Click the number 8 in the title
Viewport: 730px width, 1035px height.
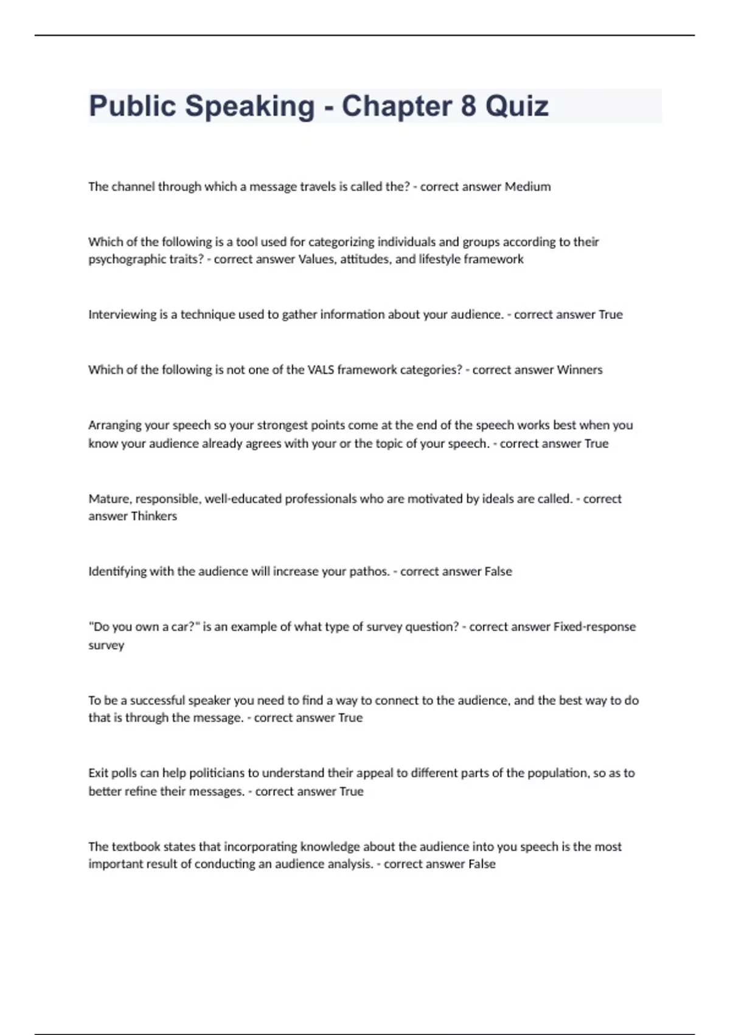(x=468, y=107)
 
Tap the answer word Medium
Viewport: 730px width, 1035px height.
(x=527, y=187)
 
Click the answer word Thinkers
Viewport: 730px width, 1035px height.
(x=154, y=516)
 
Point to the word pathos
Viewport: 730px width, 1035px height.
(x=369, y=572)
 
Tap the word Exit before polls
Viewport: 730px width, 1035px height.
(x=98, y=773)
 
